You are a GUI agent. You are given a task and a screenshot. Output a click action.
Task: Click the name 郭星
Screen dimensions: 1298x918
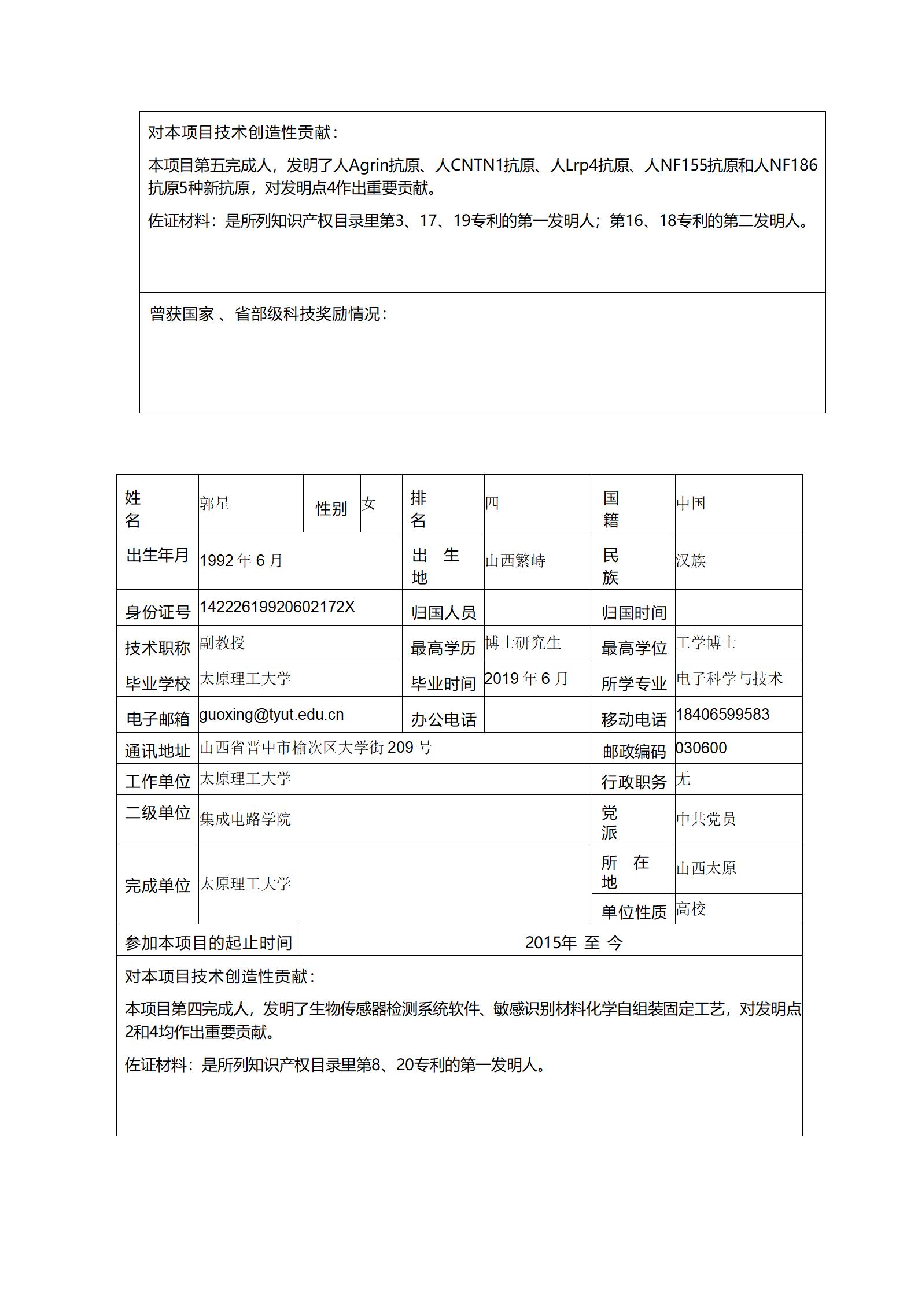point(215,504)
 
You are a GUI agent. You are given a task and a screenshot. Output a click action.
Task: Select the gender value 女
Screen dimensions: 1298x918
point(369,504)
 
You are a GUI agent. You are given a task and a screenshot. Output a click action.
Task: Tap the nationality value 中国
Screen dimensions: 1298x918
point(691,504)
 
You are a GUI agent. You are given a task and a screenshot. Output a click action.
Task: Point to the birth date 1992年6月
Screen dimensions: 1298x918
point(241,561)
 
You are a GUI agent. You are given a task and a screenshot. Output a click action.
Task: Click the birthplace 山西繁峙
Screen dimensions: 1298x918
point(515,561)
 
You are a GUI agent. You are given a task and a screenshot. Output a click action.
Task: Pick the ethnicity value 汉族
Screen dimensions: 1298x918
point(691,561)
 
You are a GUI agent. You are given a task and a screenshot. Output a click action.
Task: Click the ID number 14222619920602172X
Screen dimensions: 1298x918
point(277,607)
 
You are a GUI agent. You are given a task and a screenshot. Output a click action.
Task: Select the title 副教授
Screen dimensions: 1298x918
point(222,643)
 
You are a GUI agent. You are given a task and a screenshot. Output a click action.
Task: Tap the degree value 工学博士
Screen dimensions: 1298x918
point(706,643)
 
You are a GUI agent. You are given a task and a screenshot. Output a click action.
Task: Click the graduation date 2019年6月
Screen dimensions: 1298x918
point(526,679)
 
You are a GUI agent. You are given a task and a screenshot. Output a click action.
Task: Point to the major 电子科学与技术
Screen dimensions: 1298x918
point(729,679)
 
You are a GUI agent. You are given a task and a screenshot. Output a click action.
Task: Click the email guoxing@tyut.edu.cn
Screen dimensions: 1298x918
point(271,715)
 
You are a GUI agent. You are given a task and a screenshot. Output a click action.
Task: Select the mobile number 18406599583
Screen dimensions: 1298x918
point(722,715)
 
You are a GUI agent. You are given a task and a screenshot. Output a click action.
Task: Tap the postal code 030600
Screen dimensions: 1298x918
point(701,748)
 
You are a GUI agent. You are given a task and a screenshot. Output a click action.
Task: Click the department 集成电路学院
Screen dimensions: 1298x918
point(245,819)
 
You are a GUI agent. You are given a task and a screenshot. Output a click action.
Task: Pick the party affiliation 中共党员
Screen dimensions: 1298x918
point(706,819)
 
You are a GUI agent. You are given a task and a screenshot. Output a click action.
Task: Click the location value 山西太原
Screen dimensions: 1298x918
point(706,868)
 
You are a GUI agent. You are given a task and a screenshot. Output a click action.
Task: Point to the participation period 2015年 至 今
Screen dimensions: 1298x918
point(574,943)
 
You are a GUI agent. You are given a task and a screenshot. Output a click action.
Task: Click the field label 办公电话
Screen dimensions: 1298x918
point(444,720)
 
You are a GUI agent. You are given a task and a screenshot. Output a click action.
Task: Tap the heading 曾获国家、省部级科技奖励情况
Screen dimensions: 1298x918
point(268,314)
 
